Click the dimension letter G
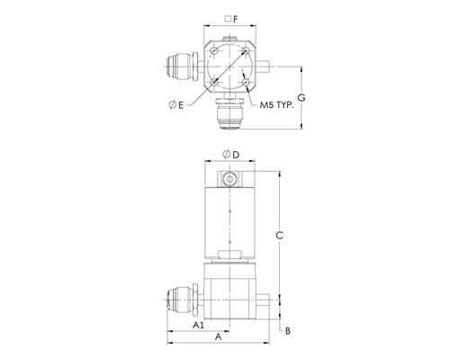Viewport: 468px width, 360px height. (x=301, y=98)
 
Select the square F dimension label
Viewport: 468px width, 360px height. (x=231, y=19)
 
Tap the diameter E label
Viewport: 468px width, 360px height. (x=176, y=105)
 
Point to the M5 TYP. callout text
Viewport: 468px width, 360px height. (x=276, y=105)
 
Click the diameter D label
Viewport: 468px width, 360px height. (x=231, y=155)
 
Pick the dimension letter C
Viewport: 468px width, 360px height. (x=279, y=236)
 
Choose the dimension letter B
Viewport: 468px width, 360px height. (x=288, y=331)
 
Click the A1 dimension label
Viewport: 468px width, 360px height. (x=198, y=325)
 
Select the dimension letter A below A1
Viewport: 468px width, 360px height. (x=219, y=337)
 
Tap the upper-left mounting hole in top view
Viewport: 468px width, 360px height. (x=214, y=50)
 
